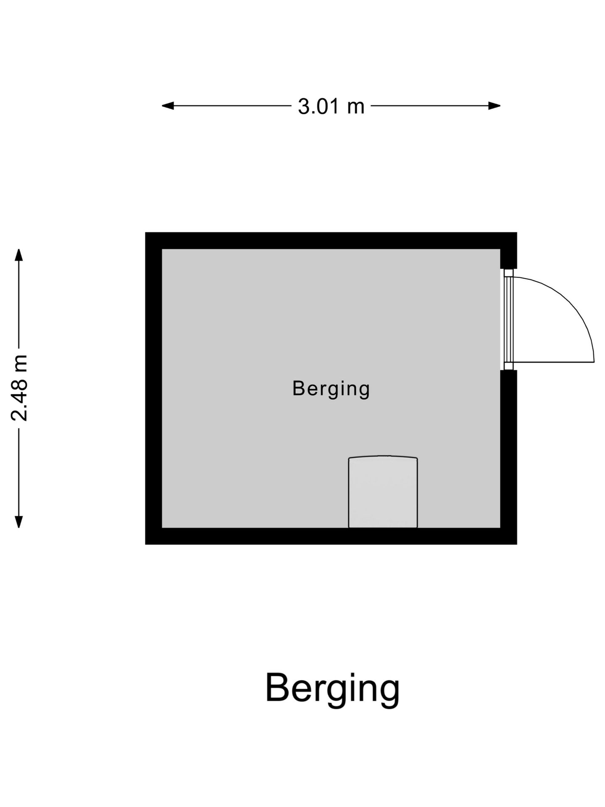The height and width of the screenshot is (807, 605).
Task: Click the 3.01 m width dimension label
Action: [x=331, y=106]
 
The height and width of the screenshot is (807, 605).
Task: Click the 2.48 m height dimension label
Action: [x=19, y=388]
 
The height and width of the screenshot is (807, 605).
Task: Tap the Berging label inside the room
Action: [x=331, y=388]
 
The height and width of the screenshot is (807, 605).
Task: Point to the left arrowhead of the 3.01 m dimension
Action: [x=168, y=105]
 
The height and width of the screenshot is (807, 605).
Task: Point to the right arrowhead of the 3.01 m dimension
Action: [x=495, y=105]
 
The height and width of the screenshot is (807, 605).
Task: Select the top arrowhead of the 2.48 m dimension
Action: [x=18, y=255]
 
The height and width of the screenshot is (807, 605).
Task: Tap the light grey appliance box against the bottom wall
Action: [x=383, y=492]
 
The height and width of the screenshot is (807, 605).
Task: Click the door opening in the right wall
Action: [x=508, y=319]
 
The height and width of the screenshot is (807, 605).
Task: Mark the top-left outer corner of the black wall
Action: [x=145, y=232]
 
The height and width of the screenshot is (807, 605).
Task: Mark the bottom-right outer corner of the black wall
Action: [x=517, y=544]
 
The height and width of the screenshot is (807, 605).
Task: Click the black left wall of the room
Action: [x=154, y=388]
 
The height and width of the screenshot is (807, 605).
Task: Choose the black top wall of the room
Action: [x=331, y=241]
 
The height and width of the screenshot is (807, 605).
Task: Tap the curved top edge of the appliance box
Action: [x=383, y=456]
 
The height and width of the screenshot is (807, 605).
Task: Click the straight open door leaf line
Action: [x=554, y=362]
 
